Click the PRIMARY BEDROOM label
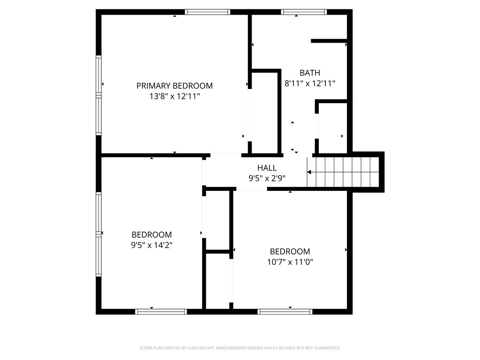174,86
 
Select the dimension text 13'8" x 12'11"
174,96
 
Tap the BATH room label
310,73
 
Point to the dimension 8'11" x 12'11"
310,83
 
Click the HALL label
267,168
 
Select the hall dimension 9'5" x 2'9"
267,178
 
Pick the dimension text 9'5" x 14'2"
151,245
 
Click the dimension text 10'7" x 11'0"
290,262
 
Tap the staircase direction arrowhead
309,172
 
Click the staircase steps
347,172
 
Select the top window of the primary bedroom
208,12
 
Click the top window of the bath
303,12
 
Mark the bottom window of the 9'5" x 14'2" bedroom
161,311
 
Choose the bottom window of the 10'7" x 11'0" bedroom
285,311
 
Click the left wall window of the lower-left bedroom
99,233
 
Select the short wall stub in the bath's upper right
329,41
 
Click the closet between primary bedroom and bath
265,112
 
